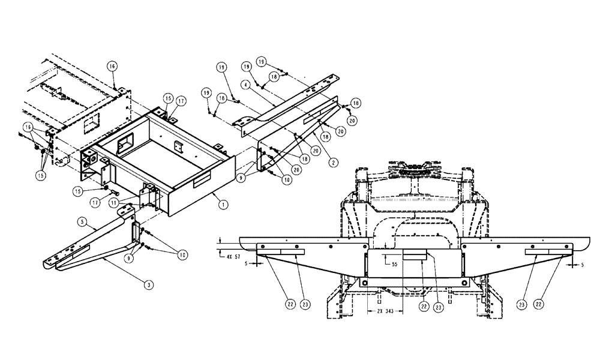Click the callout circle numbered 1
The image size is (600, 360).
pos(223,205)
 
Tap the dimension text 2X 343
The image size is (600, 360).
pos(385,312)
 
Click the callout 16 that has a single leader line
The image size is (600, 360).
pos(112,65)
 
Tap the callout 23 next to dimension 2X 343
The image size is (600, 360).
pos(438,307)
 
